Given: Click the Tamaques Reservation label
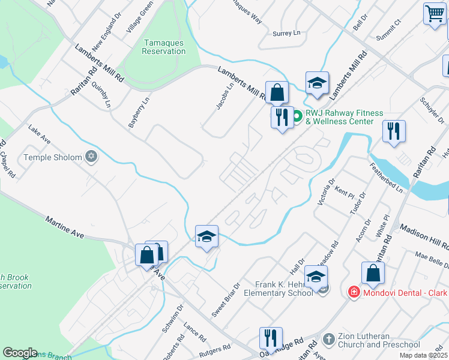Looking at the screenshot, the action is [x=163, y=47].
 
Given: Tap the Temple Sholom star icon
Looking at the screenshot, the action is [x=91, y=157].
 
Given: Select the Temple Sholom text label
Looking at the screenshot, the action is [x=53, y=157].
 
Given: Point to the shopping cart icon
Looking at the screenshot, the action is [x=434, y=13].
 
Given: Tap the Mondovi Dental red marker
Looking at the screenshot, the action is [x=354, y=292].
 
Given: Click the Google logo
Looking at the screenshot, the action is [x=20, y=353].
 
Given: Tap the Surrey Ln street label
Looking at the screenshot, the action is [x=286, y=34].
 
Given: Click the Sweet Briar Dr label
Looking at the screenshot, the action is [x=226, y=301].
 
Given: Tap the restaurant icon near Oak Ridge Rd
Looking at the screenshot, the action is [x=271, y=337].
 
